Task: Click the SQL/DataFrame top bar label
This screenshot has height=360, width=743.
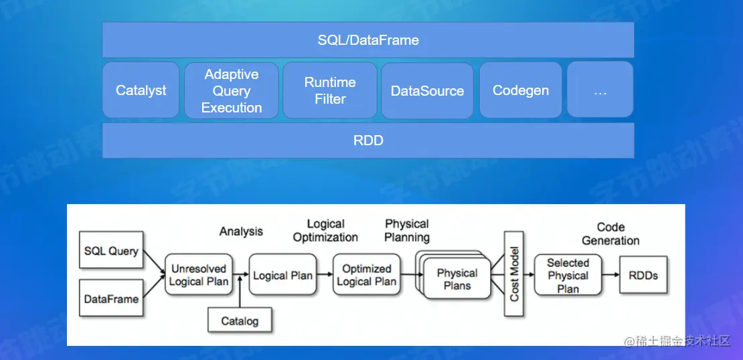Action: pyautogui.click(x=368, y=40)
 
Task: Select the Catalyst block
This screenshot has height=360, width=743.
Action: pyautogui.click(x=141, y=90)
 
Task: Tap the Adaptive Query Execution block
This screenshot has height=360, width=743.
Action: pyautogui.click(x=232, y=91)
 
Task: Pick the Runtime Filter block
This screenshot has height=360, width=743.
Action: pyautogui.click(x=330, y=90)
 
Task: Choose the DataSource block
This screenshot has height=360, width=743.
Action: pyautogui.click(x=427, y=91)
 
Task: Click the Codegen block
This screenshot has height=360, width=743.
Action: pyautogui.click(x=521, y=90)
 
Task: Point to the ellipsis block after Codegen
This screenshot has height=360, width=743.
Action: pyautogui.click(x=600, y=90)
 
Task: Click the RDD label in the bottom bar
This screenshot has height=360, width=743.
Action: pyautogui.click(x=368, y=141)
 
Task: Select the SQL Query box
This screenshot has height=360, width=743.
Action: pyautogui.click(x=111, y=251)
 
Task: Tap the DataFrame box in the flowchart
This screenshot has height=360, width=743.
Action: pyautogui.click(x=111, y=298)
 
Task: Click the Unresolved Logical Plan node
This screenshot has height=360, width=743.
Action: pyautogui.click(x=199, y=275)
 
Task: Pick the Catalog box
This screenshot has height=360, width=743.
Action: pyautogui.click(x=240, y=321)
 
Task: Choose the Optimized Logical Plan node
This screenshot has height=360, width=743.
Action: pyautogui.click(x=367, y=275)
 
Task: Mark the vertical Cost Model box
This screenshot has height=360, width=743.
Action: pyautogui.click(x=514, y=274)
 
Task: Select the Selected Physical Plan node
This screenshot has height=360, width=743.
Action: pyautogui.click(x=568, y=275)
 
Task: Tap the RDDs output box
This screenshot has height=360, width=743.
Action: pyautogui.click(x=643, y=275)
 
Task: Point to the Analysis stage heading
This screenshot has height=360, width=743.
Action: pyautogui.click(x=241, y=232)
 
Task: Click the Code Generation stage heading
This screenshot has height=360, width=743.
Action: pyautogui.click(x=610, y=234)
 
